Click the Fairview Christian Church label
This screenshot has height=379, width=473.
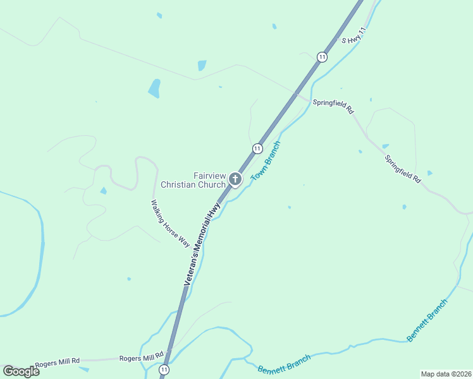point(193,180)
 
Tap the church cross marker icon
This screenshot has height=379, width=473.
point(235,179)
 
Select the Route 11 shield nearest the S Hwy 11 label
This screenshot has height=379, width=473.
point(322,57)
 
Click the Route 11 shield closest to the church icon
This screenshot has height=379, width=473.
point(257,148)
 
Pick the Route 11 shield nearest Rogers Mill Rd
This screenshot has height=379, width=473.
point(164,369)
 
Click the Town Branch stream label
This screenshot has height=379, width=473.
point(266,161)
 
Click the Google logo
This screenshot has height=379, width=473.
point(21,371)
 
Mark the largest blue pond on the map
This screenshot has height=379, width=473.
point(154,88)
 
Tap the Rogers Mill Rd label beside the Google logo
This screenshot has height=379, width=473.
point(58,363)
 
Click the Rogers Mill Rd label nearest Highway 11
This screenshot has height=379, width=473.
point(142,357)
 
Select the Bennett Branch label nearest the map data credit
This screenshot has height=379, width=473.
point(427,320)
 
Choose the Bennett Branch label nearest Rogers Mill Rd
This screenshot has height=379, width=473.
point(285,363)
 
